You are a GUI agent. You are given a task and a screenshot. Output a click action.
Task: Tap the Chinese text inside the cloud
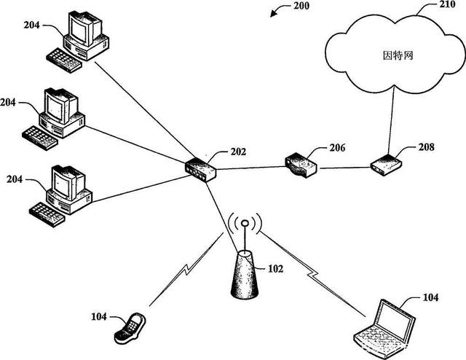coord(398,55)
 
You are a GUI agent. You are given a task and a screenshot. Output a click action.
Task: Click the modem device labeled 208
coord(385,165)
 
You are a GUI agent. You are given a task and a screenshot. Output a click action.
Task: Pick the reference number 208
coord(427,146)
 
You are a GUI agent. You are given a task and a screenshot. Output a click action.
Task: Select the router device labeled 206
coord(301,165)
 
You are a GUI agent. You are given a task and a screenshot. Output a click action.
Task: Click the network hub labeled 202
coord(200,169)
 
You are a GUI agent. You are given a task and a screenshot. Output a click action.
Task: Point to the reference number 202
coord(237,152)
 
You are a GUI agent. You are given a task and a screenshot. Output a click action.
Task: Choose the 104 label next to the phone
coord(99,317)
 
